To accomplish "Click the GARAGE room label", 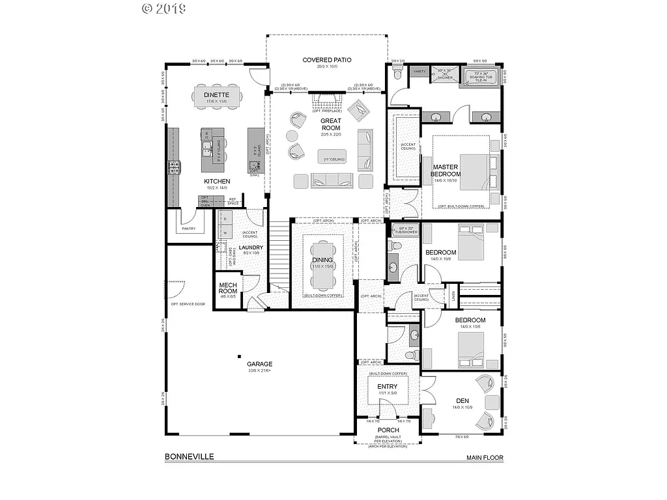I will pyautogui.click(x=260, y=364).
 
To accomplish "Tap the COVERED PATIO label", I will pyautogui.click(x=327, y=60).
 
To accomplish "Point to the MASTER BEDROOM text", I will pyautogui.click(x=446, y=171).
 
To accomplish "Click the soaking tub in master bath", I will pyautogui.click(x=482, y=76).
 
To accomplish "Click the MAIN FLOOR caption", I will pyautogui.click(x=484, y=458).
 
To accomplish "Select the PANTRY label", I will pyautogui.click(x=189, y=229).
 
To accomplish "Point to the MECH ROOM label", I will pyautogui.click(x=227, y=288).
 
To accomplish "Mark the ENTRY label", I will pyautogui.click(x=388, y=387).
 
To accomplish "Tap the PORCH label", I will pyautogui.click(x=388, y=430).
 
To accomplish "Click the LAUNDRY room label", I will pyautogui.click(x=251, y=247).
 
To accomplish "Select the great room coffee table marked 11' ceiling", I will pyautogui.click(x=332, y=156).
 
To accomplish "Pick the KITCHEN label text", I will pyautogui.click(x=216, y=181).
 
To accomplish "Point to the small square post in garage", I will pyautogui.click(x=240, y=355).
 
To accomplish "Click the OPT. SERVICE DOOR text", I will pyautogui.click(x=188, y=305).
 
